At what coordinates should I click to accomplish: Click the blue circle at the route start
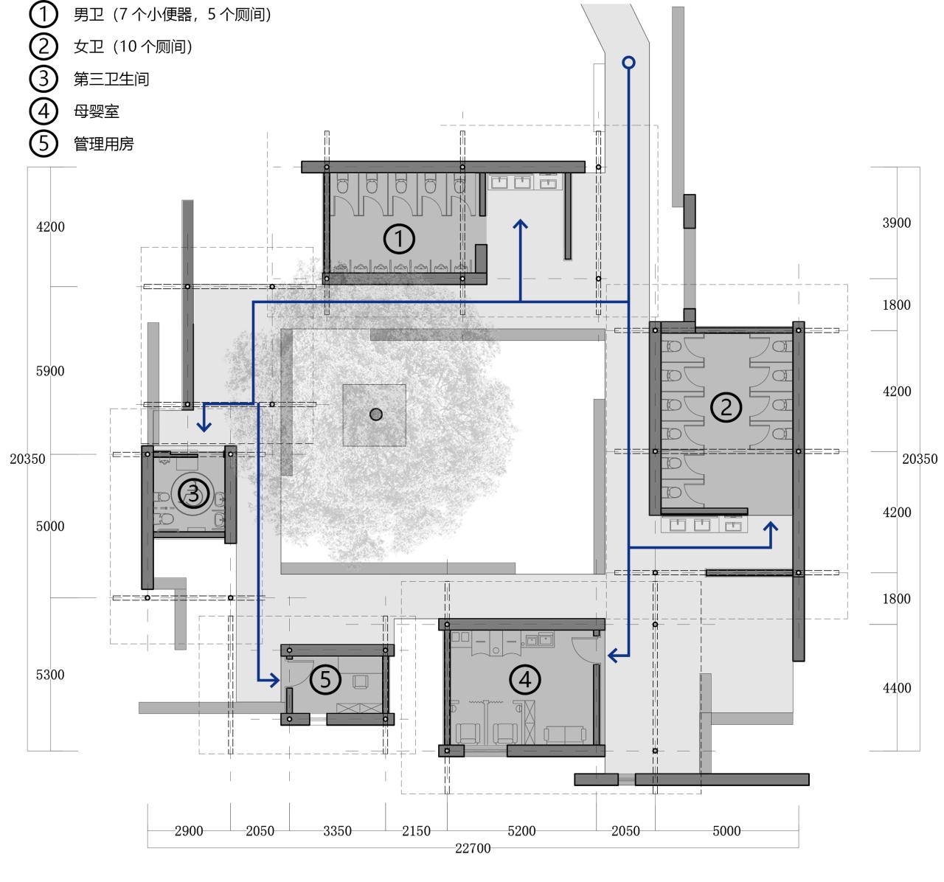[628, 63]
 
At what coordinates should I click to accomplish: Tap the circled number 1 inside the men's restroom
[400, 239]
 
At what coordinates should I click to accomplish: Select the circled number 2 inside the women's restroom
[726, 407]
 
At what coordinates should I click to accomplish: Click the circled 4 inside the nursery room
[525, 679]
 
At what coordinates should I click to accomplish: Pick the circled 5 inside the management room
[325, 680]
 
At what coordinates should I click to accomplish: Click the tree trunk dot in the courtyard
[376, 414]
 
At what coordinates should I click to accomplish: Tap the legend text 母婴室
[97, 111]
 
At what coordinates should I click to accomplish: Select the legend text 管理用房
[104, 144]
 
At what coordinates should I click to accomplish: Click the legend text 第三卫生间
[111, 79]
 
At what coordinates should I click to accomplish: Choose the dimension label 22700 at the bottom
[473, 849]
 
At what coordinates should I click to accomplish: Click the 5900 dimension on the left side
[50, 371]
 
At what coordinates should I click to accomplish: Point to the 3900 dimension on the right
[897, 223]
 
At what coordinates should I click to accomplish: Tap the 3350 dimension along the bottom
[337, 831]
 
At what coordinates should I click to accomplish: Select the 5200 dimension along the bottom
[521, 831]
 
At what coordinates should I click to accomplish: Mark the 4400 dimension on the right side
[897, 688]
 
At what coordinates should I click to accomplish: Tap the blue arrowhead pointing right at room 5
[274, 679]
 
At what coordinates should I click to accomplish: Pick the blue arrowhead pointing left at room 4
[612, 654]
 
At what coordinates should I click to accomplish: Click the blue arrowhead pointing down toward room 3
[204, 426]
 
